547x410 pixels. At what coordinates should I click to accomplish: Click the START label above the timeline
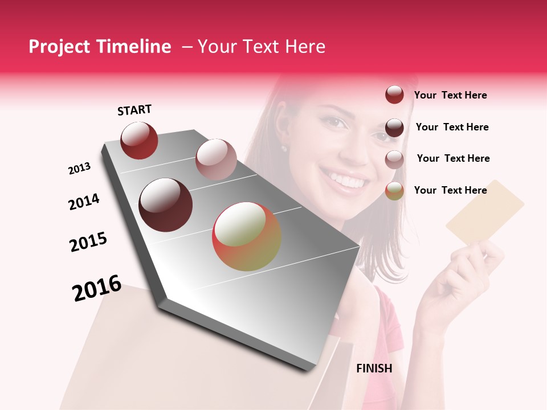[x=134, y=110]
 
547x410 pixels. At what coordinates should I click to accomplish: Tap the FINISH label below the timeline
[x=374, y=368]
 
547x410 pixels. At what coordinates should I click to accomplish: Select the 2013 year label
[x=79, y=169]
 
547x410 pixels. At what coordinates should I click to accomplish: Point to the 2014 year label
[x=84, y=202]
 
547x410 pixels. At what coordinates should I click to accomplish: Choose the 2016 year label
[x=97, y=288]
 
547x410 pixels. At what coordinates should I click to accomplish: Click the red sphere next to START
[x=139, y=140]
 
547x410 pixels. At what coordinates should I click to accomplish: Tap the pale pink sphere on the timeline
[x=216, y=159]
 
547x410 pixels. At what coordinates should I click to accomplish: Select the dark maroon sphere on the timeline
[x=166, y=205]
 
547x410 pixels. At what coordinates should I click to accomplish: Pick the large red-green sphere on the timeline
[x=247, y=236]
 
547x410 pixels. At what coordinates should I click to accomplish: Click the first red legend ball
[x=394, y=95]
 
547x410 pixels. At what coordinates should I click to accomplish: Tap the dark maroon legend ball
[x=394, y=128]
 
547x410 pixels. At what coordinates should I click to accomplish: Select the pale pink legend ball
[x=394, y=159]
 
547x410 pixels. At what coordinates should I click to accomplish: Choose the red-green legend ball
[x=394, y=191]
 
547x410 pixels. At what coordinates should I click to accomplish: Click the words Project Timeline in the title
[x=100, y=47]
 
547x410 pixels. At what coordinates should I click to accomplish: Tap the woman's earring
[x=283, y=149]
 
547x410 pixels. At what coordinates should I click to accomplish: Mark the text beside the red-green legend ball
[x=450, y=190]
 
